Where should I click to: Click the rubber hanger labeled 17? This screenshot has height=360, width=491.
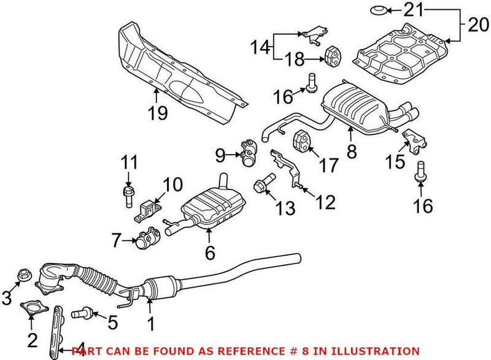pyautogui.click(x=302, y=140)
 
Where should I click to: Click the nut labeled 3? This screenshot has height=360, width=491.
pyautogui.click(x=26, y=275)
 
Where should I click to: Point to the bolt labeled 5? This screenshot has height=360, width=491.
pyautogui.click(x=80, y=314)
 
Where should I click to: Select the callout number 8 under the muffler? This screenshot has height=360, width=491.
pyautogui.click(x=352, y=151)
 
